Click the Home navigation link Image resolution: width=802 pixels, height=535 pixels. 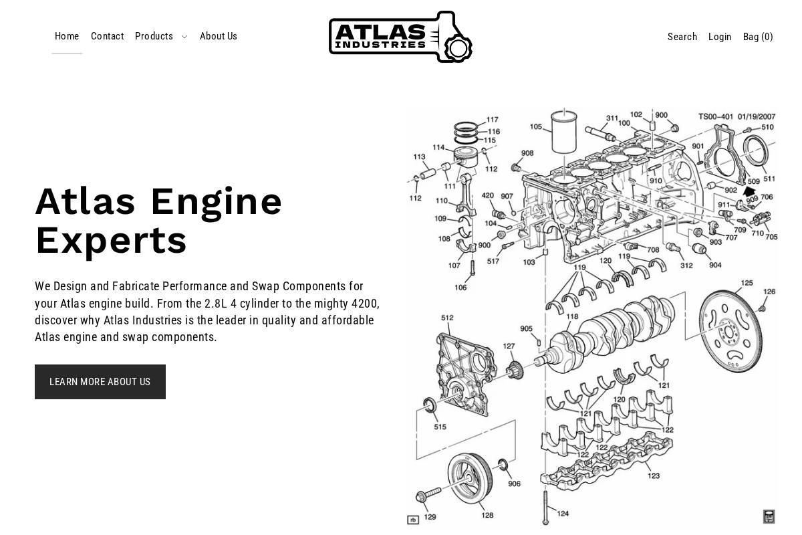[67, 37]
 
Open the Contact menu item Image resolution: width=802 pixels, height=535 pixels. [107, 37]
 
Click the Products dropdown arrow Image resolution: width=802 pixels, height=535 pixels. [184, 37]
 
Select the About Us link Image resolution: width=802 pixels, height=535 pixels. [219, 37]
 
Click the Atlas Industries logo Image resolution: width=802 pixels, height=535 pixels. [400, 37]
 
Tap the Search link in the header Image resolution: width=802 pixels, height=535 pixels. [682, 37]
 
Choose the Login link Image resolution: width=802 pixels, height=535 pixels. [720, 37]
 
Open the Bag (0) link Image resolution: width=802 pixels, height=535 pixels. [758, 37]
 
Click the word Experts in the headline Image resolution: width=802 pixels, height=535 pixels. [111, 241]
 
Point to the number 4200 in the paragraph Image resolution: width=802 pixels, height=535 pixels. [364, 304]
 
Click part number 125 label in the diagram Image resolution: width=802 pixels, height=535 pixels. [747, 283]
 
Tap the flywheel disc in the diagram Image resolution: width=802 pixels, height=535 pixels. [731, 331]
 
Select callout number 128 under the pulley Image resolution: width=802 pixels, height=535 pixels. [487, 515]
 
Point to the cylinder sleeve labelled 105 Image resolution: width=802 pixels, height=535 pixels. [563, 132]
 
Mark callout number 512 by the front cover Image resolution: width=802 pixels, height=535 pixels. [447, 318]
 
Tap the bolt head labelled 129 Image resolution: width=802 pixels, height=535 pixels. [422, 496]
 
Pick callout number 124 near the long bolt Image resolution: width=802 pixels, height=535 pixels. [563, 514]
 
